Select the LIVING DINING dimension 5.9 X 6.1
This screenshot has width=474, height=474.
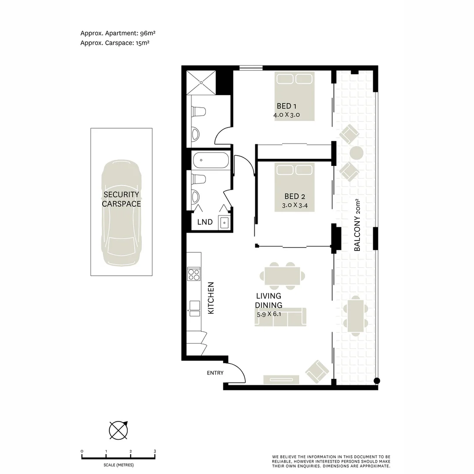pyautogui.click(x=269, y=314)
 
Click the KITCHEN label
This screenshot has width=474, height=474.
pyautogui.click(x=211, y=298)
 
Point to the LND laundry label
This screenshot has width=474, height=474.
pyautogui.click(x=205, y=222)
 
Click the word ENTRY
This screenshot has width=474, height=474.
pyautogui.click(x=215, y=373)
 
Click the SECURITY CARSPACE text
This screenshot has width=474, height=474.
pyautogui.click(x=121, y=199)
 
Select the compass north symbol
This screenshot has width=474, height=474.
pyautogui.click(x=118, y=430)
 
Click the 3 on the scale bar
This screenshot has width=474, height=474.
pyautogui.click(x=154, y=451)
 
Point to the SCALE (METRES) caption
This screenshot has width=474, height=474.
pyautogui.click(x=118, y=465)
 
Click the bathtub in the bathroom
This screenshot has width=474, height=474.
pyautogui.click(x=211, y=160)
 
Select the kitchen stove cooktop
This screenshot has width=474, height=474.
pyautogui.click(x=194, y=274)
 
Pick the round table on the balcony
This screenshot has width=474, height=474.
pyautogui.click(x=356, y=153)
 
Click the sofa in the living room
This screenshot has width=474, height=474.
pyautogui.click(x=280, y=317)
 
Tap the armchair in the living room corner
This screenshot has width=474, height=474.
pyautogui.click(x=317, y=371)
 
